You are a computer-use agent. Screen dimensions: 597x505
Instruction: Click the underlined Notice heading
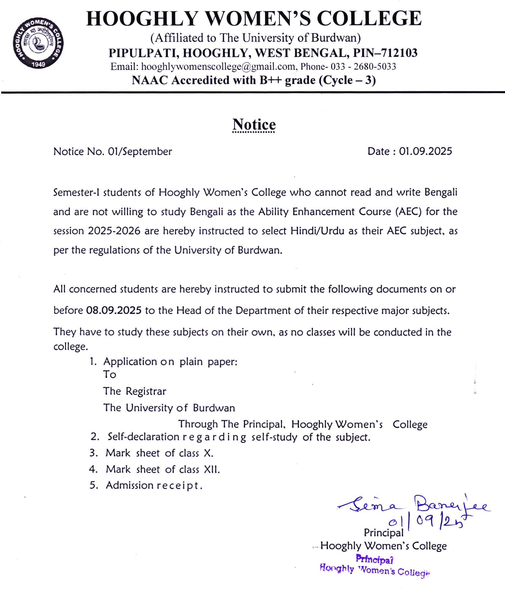(x=254, y=125)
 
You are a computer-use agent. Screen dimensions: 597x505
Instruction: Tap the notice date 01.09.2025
(x=426, y=151)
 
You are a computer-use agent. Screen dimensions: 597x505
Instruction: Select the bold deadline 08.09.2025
(x=114, y=311)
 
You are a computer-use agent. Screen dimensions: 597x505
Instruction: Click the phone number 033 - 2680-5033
(x=363, y=67)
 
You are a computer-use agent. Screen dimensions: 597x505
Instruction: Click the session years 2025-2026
(x=114, y=231)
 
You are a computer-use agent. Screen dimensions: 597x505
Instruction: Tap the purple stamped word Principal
(x=374, y=559)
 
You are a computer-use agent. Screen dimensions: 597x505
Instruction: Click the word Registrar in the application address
(x=146, y=391)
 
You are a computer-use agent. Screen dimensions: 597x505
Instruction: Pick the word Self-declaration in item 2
(x=143, y=437)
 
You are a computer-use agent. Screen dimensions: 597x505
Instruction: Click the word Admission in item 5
(x=129, y=485)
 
